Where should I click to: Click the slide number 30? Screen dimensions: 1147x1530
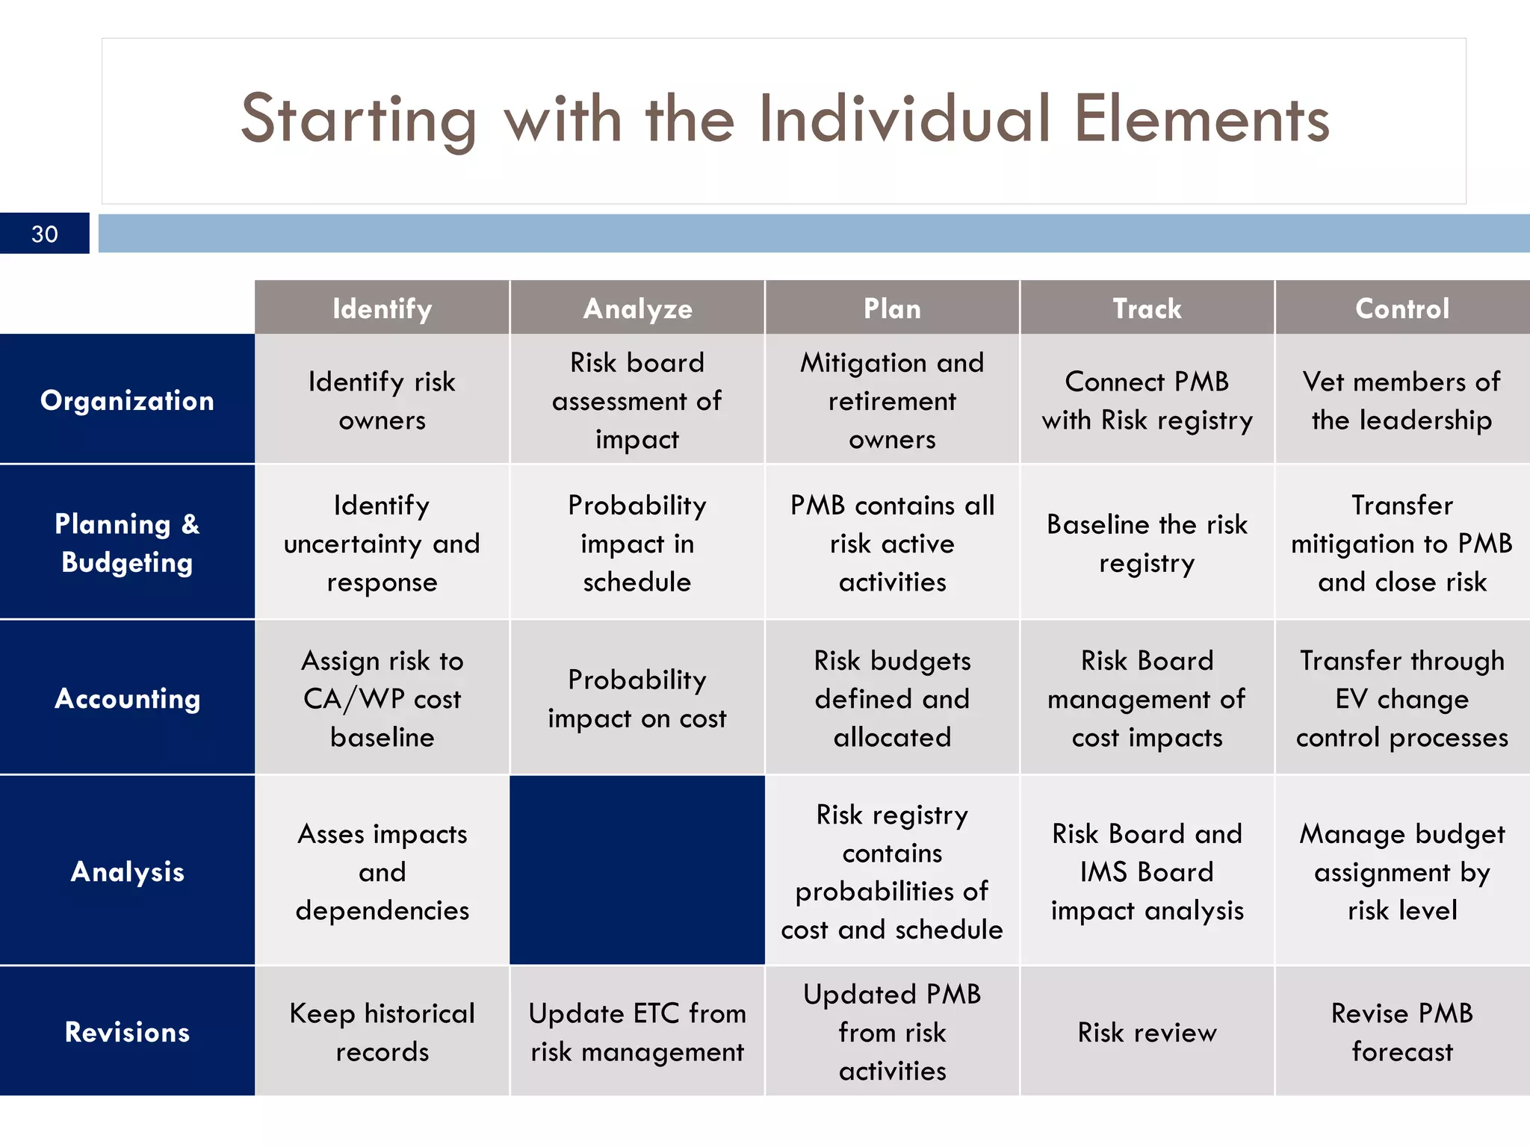[45, 234]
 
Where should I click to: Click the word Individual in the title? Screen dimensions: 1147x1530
[904, 119]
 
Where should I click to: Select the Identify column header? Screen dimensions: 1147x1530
[382, 308]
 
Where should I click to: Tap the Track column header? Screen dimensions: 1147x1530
[1147, 308]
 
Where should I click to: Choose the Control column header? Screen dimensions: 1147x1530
[1402, 308]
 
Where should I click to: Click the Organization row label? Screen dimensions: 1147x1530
[127, 400]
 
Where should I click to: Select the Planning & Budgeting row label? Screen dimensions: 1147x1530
[127, 543]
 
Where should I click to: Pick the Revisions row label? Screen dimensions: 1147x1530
[127, 1032]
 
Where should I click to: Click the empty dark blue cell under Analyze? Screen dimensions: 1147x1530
[637, 871]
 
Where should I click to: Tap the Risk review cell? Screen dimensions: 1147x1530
[1147, 1032]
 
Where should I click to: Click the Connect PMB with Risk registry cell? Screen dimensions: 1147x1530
[1147, 401]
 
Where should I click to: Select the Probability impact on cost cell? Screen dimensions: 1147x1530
[637, 699]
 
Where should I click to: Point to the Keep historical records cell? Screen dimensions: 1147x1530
[382, 1032]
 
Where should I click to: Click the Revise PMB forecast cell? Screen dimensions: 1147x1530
[1402, 1032]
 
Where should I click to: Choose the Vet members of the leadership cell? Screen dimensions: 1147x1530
[1402, 401]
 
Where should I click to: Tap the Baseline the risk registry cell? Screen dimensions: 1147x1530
[1147, 543]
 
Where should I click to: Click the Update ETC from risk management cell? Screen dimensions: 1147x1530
[637, 1032]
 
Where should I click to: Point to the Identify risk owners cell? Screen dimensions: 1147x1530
[382, 401]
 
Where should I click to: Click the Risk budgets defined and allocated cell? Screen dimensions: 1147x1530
[892, 699]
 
